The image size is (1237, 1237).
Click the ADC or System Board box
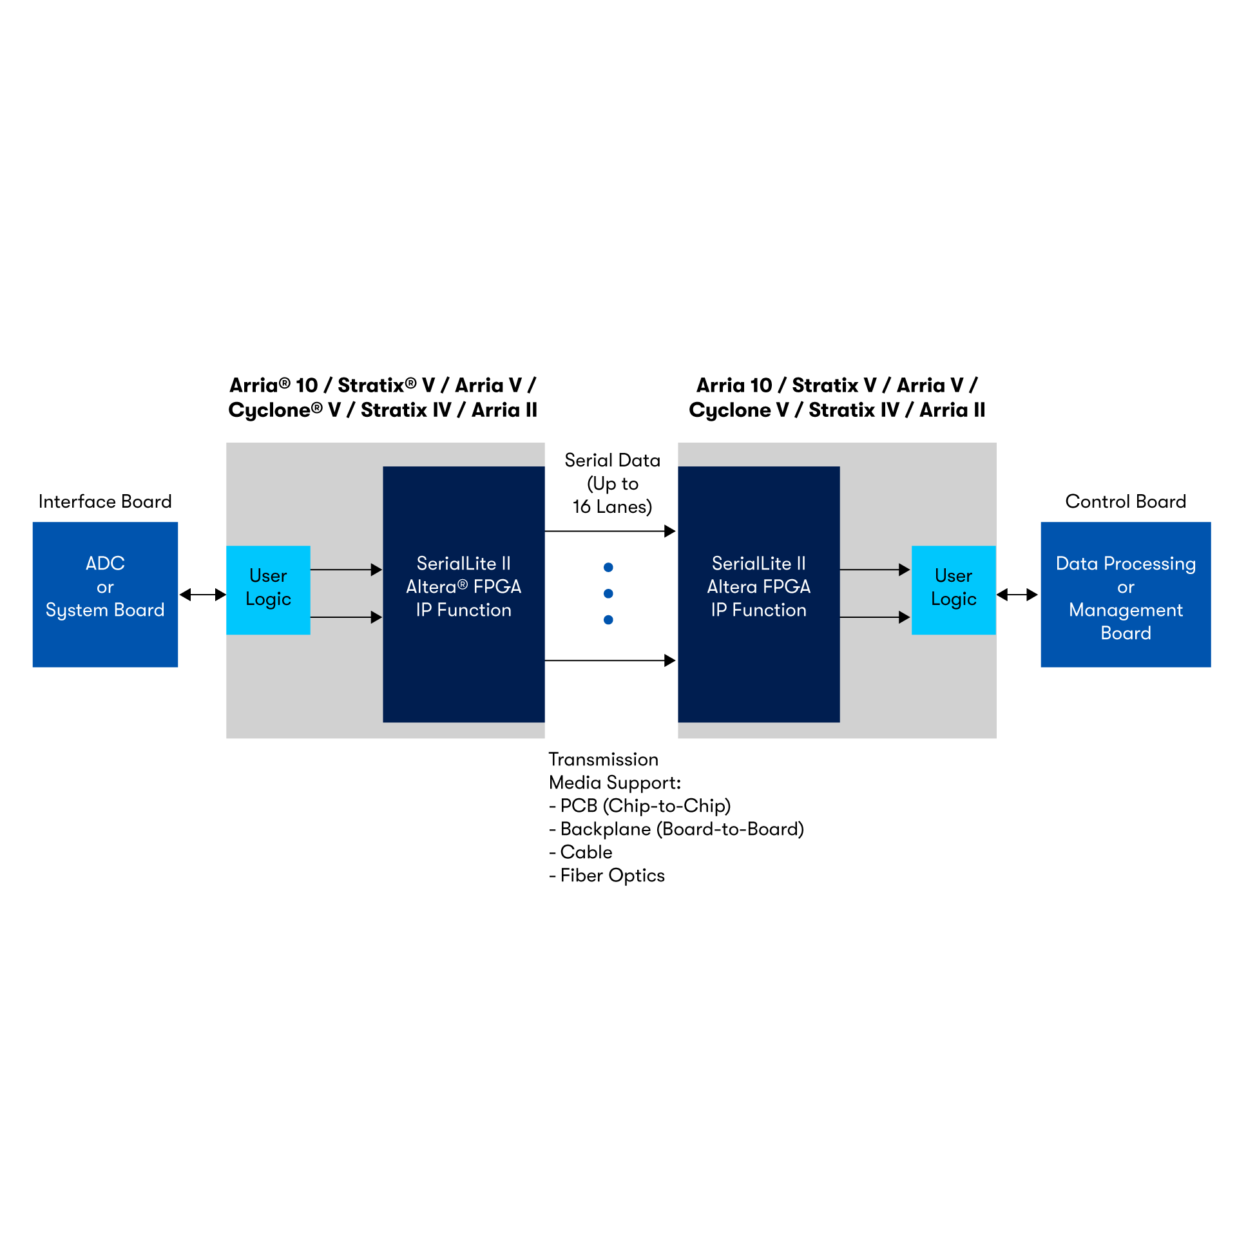coord(105,594)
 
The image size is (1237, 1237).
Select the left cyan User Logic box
coord(268,590)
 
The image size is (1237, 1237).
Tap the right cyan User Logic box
coord(954,590)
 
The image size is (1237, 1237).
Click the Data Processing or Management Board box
coord(1126,594)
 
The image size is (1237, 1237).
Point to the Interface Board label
coord(105,501)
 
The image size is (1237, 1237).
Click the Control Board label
coord(1126,501)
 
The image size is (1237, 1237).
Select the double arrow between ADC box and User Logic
coord(202,595)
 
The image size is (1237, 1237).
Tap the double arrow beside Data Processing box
coord(1017,595)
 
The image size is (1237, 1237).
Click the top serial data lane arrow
coord(609,531)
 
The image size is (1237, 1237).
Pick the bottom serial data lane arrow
coord(609,660)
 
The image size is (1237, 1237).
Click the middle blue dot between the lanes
coord(608,593)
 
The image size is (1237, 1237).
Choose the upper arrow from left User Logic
coord(346,570)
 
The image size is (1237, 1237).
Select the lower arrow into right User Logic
coord(875,617)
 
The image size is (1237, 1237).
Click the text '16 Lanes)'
coord(612,507)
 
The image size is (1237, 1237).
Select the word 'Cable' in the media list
coord(586,852)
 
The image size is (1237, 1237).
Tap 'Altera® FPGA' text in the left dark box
coord(463,587)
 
